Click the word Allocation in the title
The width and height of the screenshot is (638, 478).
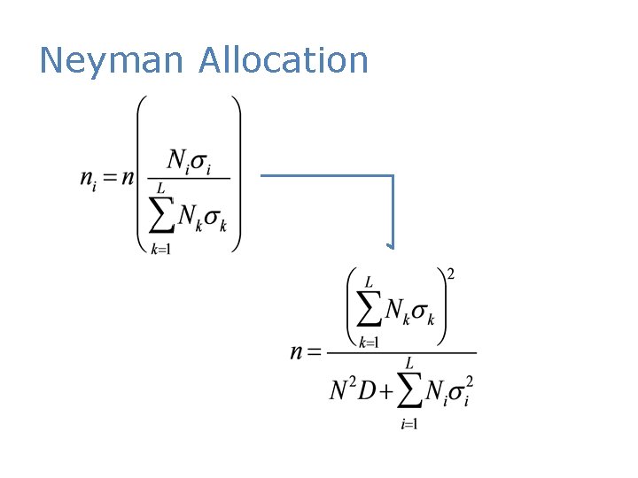[x=284, y=60]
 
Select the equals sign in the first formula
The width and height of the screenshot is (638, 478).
[x=109, y=177]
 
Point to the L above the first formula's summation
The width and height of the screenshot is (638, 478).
[x=160, y=189]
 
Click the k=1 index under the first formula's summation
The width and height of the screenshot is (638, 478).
[x=160, y=249]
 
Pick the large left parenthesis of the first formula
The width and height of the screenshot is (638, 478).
[x=142, y=174]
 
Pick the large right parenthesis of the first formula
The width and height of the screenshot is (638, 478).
[x=235, y=174]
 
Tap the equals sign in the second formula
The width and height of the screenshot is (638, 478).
[x=315, y=353]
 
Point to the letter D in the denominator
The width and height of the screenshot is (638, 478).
[x=366, y=390]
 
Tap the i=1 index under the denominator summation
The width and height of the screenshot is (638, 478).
[x=408, y=424]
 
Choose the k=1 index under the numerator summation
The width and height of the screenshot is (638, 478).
[x=370, y=342]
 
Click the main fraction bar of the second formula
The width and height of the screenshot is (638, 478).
[x=401, y=353]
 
